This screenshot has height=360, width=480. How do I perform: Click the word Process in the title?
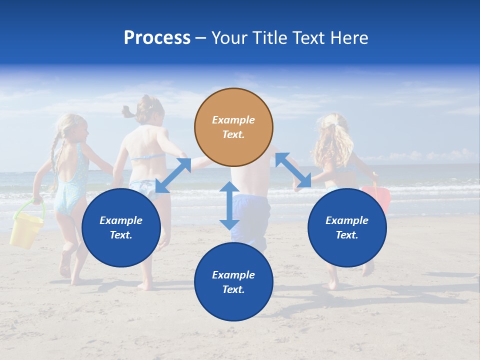tap(157, 38)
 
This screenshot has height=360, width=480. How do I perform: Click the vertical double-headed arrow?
tap(229, 205)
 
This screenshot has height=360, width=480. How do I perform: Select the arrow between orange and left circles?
tap(173, 175)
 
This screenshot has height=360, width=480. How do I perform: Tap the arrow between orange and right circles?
tap(293, 170)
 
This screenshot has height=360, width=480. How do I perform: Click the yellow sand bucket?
tap(26, 231)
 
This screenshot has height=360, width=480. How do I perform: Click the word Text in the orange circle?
tap(233, 134)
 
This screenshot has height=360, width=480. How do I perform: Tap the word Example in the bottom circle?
tap(233, 274)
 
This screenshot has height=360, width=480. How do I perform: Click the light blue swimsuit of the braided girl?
tap(70, 185)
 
